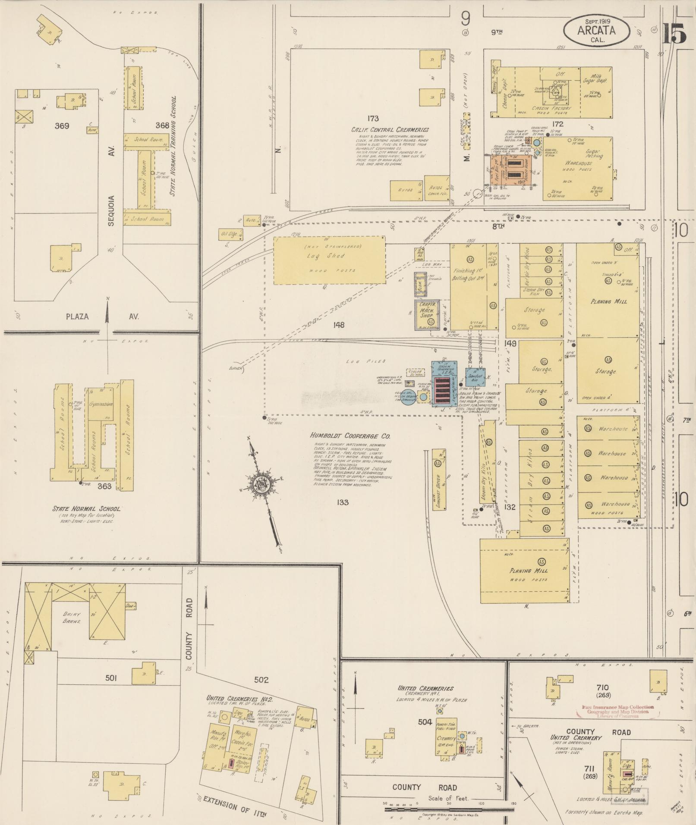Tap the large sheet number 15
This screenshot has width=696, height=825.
674,34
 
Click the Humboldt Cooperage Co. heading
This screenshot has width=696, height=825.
350,436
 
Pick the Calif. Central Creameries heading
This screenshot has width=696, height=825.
390,129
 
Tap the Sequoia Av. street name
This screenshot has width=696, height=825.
111,211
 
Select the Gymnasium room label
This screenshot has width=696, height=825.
101,404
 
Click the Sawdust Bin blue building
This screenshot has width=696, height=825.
476,376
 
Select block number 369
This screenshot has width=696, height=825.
63,126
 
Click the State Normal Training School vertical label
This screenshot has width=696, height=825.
175,147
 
